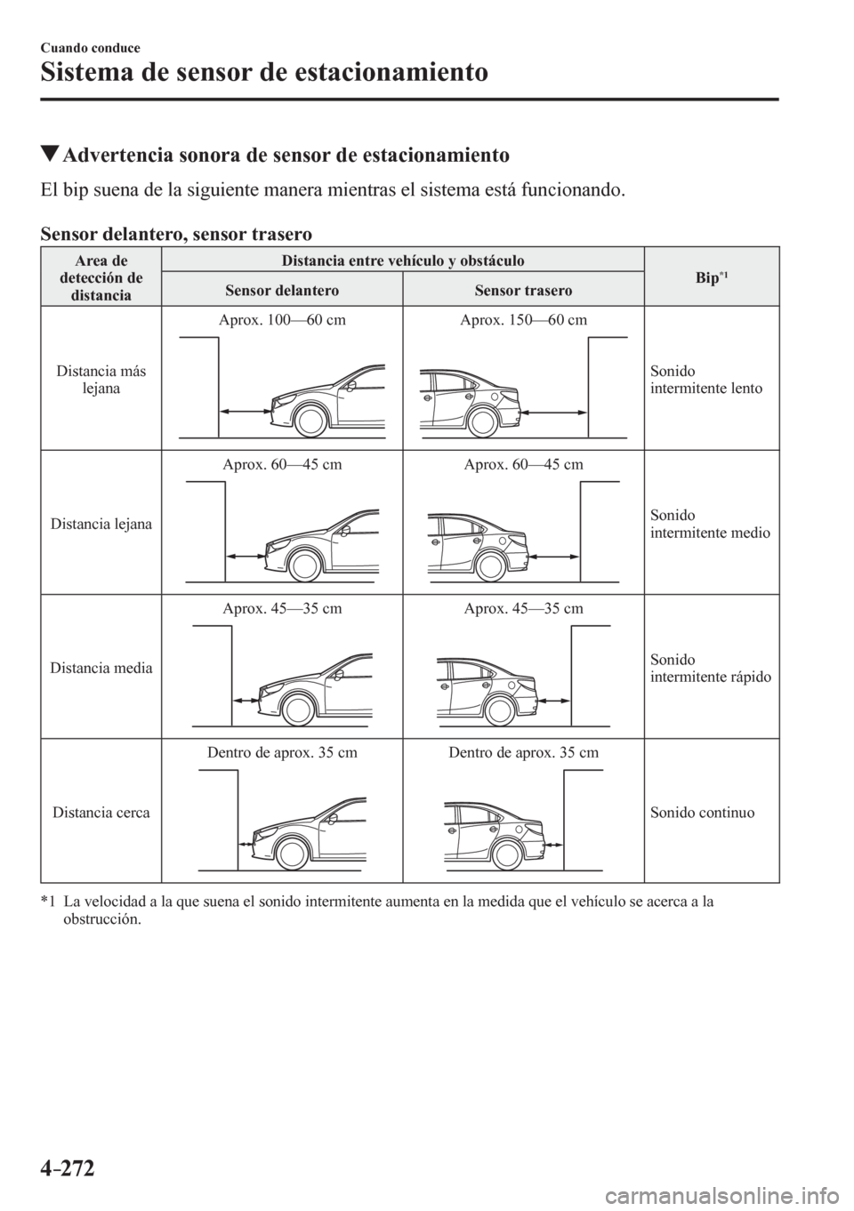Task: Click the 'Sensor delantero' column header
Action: (282, 291)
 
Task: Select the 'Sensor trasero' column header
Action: (523, 291)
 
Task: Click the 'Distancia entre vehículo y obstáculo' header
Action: (402, 260)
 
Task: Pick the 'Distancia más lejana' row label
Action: (101, 379)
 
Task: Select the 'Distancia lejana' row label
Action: (101, 524)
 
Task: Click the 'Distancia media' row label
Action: (101, 667)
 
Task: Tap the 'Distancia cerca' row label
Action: (101, 812)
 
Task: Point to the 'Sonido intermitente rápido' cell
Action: (711, 668)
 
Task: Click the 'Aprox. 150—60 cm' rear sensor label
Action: (523, 320)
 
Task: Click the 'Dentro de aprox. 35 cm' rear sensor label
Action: (523, 752)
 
